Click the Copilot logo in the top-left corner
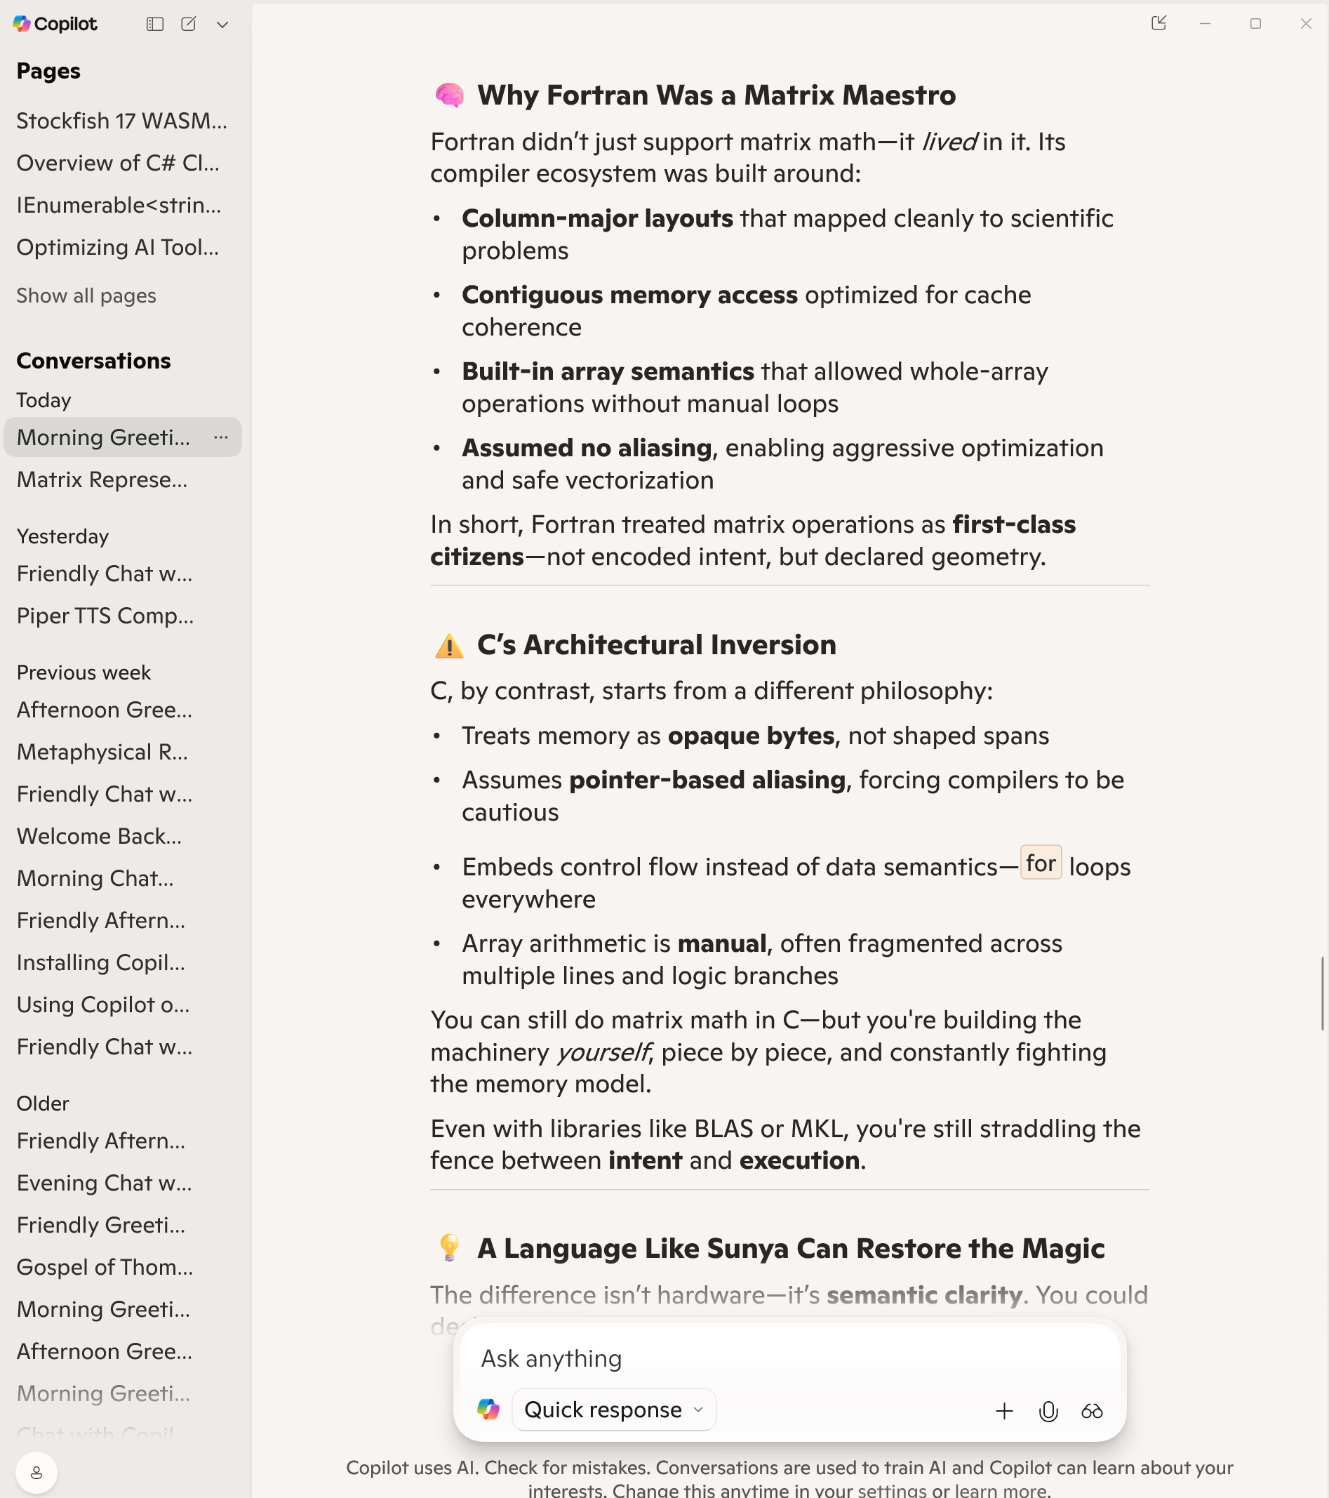[x=22, y=24]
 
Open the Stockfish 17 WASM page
[x=121, y=121]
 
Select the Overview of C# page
[x=118, y=163]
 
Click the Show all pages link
[x=86, y=296]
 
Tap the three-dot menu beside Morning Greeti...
[x=221, y=437]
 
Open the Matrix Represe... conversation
[x=102, y=480]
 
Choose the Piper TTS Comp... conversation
[x=105, y=616]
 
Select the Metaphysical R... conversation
[x=102, y=752]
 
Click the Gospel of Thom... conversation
[x=105, y=1267]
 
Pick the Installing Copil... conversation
[x=101, y=962]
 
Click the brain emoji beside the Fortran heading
[x=449, y=95]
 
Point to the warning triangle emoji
[x=449, y=646]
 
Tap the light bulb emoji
[x=449, y=1248]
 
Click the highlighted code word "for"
[x=1041, y=863]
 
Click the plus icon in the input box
[x=1004, y=1411]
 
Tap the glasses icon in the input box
[x=1092, y=1411]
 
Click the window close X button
[x=1306, y=24]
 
